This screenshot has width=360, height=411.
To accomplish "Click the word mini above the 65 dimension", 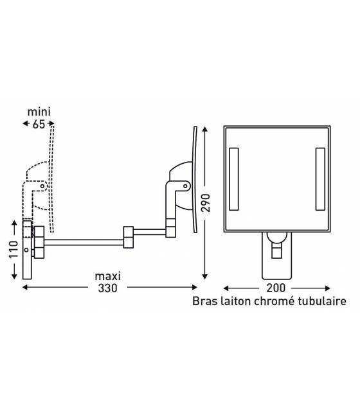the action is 39,112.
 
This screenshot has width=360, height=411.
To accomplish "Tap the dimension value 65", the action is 39,124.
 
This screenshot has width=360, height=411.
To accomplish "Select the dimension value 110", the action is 14,249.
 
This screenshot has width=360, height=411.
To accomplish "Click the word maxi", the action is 108,276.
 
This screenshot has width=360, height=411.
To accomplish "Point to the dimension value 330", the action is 108,288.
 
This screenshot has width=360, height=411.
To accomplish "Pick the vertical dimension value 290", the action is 206,203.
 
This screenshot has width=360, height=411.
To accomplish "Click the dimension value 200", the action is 276,288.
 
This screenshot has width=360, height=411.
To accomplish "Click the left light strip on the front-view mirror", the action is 234,179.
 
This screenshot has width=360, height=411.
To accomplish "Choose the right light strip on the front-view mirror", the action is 320,179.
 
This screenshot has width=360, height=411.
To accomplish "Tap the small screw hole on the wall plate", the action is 26,250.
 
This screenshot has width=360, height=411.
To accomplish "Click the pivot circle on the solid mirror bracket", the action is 186,186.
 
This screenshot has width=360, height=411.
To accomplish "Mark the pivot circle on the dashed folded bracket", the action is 42,186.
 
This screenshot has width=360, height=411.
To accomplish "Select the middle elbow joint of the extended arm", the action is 129,237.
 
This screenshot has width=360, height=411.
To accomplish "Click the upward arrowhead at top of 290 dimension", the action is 205,129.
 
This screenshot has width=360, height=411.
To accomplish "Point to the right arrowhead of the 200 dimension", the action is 327,288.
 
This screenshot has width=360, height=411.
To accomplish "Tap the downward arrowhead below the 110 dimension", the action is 14,276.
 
